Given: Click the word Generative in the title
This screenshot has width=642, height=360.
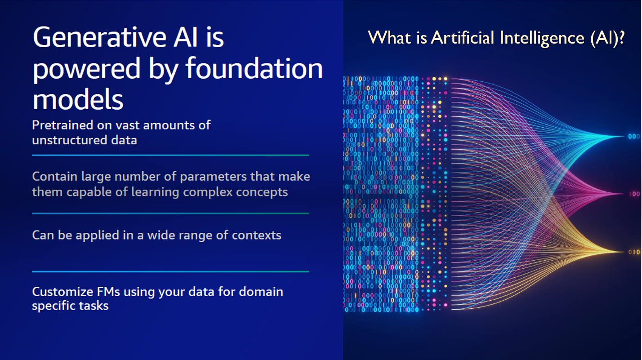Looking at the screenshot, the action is coord(99,37).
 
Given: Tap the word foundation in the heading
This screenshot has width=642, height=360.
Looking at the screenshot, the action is coord(254,68).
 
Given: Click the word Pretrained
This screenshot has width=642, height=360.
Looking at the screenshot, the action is coord(62,125).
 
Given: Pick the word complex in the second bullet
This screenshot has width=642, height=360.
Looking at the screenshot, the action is coord(208,192).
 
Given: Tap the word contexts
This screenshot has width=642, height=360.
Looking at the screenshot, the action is coord(257,236).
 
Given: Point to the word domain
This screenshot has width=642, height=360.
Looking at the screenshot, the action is coord(261,292).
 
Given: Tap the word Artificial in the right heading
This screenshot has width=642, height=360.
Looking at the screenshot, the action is coord(463,38).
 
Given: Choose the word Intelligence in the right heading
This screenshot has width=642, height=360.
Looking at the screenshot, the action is coord(542,38).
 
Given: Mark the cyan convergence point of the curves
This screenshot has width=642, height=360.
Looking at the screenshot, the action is coord(623,137).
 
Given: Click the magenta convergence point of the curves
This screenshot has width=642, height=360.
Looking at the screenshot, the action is coord(623,194).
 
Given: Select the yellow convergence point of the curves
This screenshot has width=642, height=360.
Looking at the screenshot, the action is coord(623,252).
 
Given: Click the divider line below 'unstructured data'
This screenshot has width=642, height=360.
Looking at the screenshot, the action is coord(170,156).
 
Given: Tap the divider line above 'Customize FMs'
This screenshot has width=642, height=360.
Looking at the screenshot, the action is coord(170,271).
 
